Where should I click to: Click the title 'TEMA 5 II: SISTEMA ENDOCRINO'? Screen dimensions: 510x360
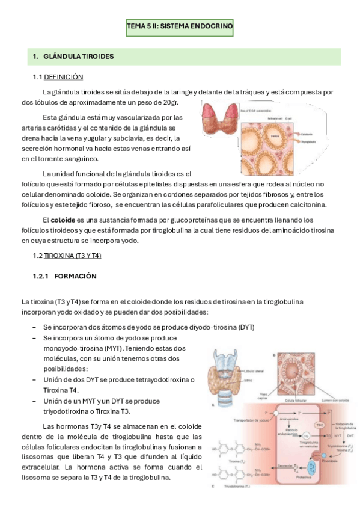(x=180, y=27)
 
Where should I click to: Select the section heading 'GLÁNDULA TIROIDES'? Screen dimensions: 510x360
(x=79, y=57)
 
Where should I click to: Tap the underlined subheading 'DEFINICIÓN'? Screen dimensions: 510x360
(x=64, y=77)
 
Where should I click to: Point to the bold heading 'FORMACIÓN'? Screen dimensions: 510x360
(x=75, y=276)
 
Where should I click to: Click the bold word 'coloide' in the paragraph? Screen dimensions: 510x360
(x=64, y=220)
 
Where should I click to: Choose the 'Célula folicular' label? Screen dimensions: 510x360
(x=296, y=400)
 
